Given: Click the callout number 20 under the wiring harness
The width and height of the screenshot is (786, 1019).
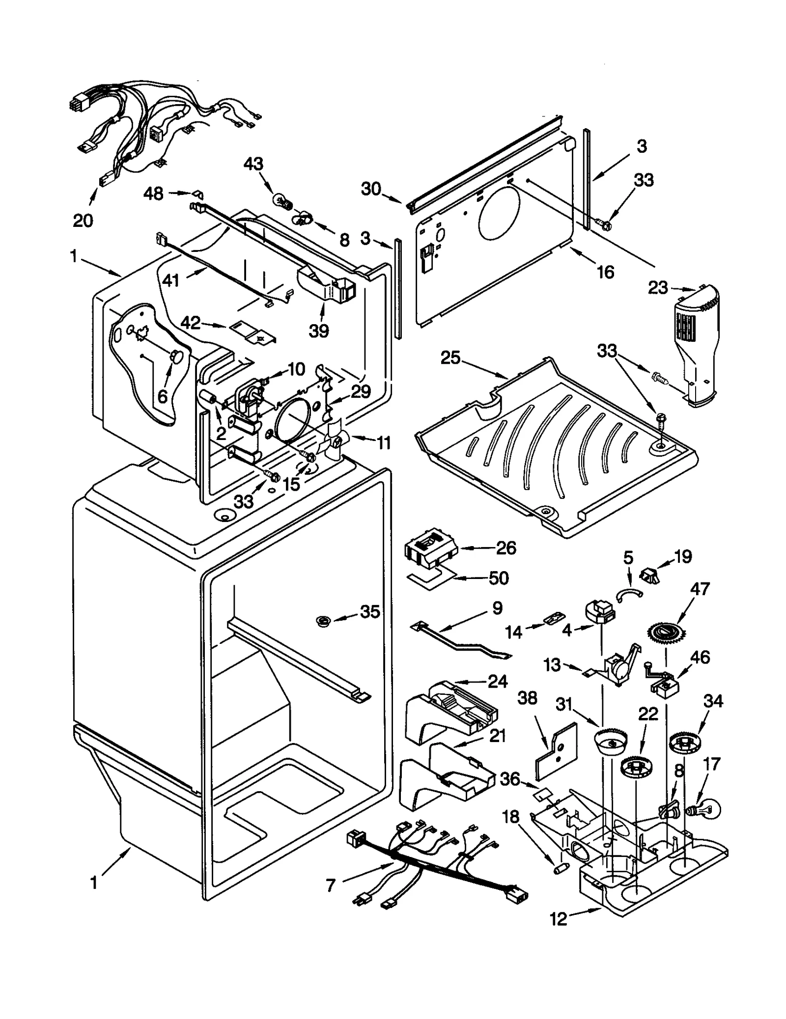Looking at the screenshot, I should coord(83,221).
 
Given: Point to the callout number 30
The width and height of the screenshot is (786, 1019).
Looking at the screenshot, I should coord(371,189).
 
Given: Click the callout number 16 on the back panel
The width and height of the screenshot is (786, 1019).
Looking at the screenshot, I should coord(605,272).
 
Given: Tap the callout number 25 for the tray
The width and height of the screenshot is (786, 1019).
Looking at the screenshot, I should coord(450,358).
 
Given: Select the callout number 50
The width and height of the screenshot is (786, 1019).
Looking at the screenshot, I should coord(499,578).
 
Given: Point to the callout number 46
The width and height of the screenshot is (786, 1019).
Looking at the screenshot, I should coord(700,657).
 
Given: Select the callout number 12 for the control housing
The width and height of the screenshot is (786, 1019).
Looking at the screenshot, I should coord(559,919).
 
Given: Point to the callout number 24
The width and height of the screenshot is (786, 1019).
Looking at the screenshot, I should coord(498,681).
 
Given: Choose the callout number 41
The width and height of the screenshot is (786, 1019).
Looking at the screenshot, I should coord(171,280).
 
